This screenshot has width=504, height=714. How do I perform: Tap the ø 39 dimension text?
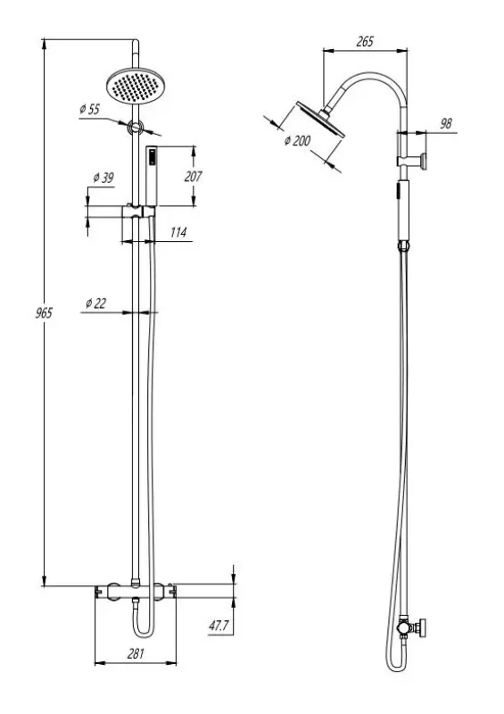pos(103,178)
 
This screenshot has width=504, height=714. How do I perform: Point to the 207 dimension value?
pos(193,176)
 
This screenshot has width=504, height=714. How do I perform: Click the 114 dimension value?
pos(178,233)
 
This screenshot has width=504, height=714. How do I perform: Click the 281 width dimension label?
pos(136,653)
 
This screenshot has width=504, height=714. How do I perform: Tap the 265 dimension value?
pos(364,42)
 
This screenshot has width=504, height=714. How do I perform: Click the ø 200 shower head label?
pos(297,141)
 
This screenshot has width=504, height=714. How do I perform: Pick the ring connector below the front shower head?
pos(135,128)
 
